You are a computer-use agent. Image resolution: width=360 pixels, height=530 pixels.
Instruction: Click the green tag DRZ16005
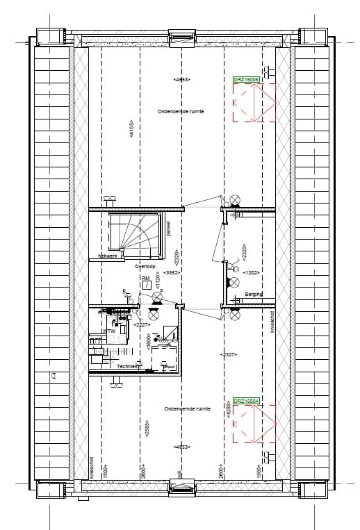[x=246, y=80]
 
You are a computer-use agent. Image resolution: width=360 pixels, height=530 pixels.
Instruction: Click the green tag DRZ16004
[x=246, y=401]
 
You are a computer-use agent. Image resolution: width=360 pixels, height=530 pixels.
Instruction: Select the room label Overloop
[x=144, y=265]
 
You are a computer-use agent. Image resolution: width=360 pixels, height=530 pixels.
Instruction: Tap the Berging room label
[x=254, y=295]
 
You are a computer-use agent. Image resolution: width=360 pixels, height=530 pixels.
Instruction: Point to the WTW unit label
[x=108, y=331]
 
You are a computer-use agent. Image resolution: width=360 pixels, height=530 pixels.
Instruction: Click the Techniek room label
[x=129, y=365]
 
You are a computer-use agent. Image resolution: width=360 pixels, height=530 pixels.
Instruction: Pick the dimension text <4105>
[x=130, y=130]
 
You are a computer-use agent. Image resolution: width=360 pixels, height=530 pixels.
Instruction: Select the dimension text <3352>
[x=190, y=273]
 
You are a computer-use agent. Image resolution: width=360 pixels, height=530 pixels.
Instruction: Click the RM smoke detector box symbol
[x=146, y=283]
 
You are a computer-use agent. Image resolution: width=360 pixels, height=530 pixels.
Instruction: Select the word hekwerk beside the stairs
[x=108, y=256]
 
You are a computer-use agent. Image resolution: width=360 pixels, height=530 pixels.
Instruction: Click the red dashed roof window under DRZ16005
[x=254, y=104]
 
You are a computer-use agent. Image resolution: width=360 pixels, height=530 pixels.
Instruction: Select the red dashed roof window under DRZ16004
[x=254, y=425]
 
